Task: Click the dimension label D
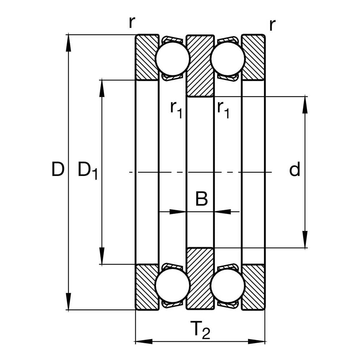[x=58, y=169]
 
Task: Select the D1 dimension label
[x=88, y=171]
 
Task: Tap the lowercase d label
[x=295, y=169]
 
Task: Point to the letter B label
[x=201, y=198]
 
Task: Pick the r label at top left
[x=132, y=22]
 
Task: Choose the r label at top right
[x=273, y=25]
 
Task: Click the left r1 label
[x=176, y=110]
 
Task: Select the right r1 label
[x=223, y=110]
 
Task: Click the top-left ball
[x=173, y=59]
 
